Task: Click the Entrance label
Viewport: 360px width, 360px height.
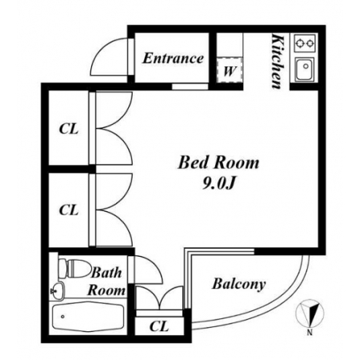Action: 173,58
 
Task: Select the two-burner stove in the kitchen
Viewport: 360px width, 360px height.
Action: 305,42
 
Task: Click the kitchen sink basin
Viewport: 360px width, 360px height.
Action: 304,69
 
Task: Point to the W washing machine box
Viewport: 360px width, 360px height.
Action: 230,70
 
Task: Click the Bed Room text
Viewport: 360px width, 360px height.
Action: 218,162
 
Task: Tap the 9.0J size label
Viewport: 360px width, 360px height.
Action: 219,183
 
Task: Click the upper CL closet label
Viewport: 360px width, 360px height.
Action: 69,129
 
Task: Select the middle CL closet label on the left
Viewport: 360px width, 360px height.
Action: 69,210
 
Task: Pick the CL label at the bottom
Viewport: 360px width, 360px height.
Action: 159,326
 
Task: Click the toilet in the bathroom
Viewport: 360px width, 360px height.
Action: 74,269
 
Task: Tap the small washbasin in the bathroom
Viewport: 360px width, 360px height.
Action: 57,290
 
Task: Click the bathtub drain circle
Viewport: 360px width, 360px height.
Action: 62,317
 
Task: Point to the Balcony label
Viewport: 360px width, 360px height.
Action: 239,284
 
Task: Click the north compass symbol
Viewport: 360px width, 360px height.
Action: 310,313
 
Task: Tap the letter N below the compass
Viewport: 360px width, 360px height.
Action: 310,332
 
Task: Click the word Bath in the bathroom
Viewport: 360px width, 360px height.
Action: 106,273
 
